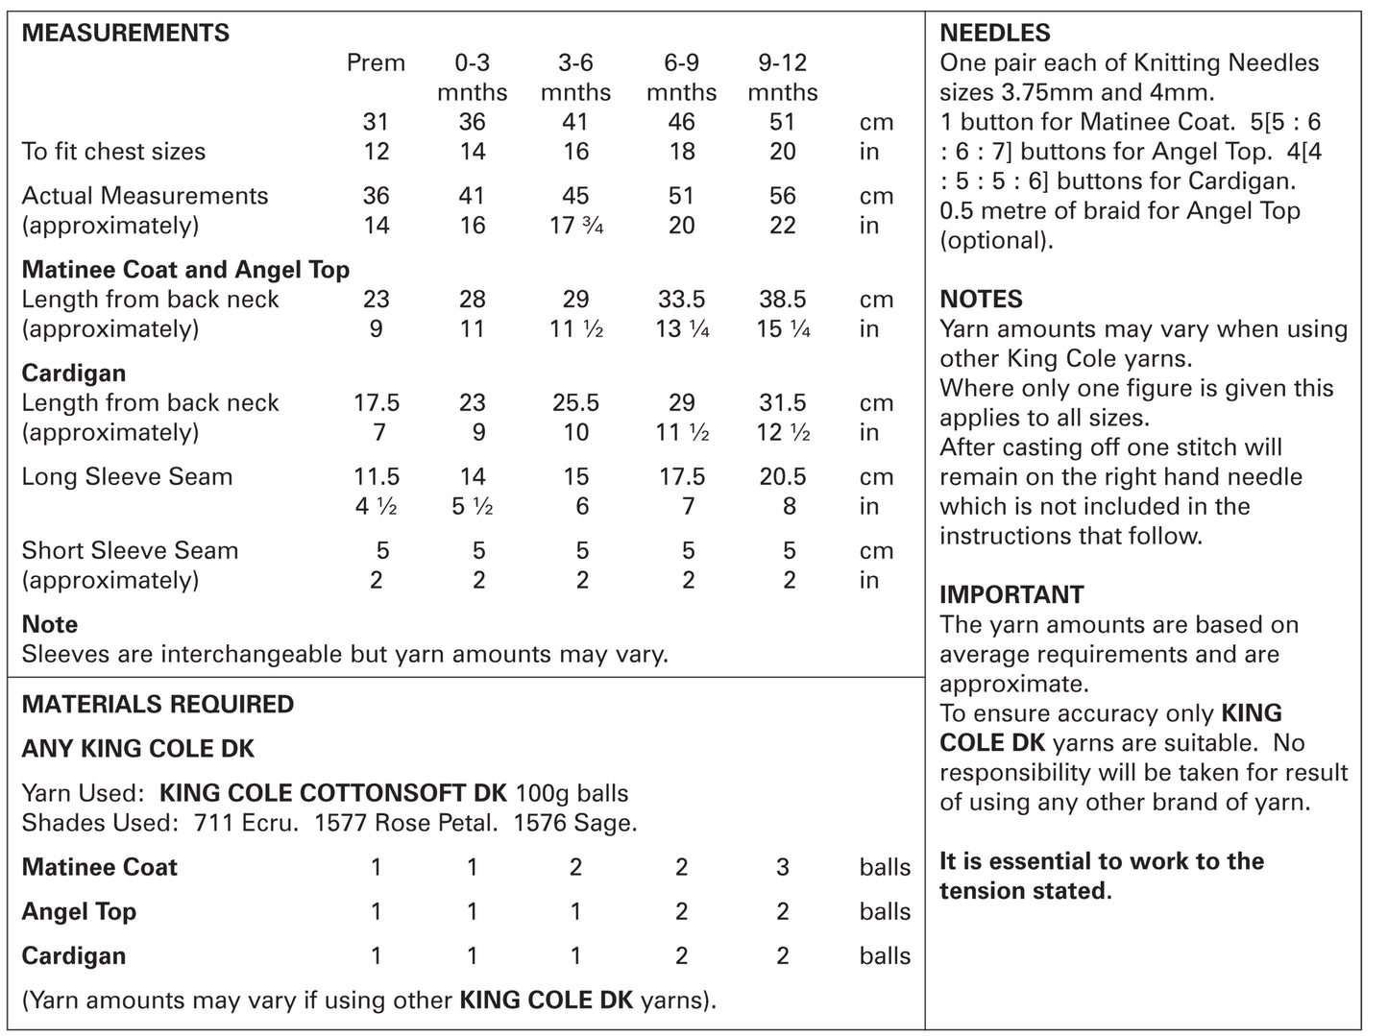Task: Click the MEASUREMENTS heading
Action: [125, 33]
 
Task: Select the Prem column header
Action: [376, 63]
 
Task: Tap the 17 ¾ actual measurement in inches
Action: [575, 226]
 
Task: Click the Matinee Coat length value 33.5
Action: [681, 300]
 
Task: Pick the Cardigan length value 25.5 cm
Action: [575, 403]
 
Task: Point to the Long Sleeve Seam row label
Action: [127, 477]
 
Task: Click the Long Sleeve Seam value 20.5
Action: [782, 477]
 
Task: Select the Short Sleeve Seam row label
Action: [130, 551]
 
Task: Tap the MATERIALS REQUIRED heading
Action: [158, 705]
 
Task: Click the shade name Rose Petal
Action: [450, 824]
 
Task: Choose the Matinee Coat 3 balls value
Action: [782, 868]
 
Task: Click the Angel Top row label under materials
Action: [79, 912]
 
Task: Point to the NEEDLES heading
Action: [994, 33]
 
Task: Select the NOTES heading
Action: [981, 300]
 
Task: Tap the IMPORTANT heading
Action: [1011, 595]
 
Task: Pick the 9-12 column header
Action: [782, 63]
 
